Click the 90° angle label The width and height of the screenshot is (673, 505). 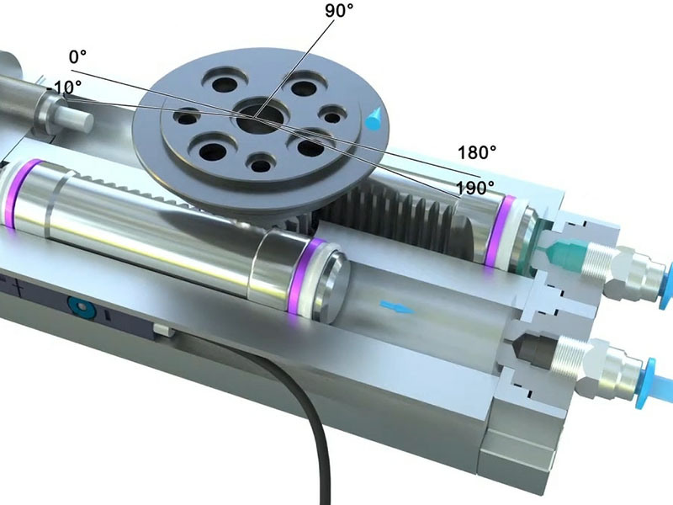[339, 10]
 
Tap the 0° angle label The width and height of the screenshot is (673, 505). [77, 56]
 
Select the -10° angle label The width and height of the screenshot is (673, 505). [64, 88]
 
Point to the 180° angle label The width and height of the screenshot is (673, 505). [477, 152]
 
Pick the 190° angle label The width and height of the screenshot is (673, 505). [475, 188]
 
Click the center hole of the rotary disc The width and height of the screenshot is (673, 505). [257, 118]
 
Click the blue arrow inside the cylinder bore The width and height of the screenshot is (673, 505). [397, 307]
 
